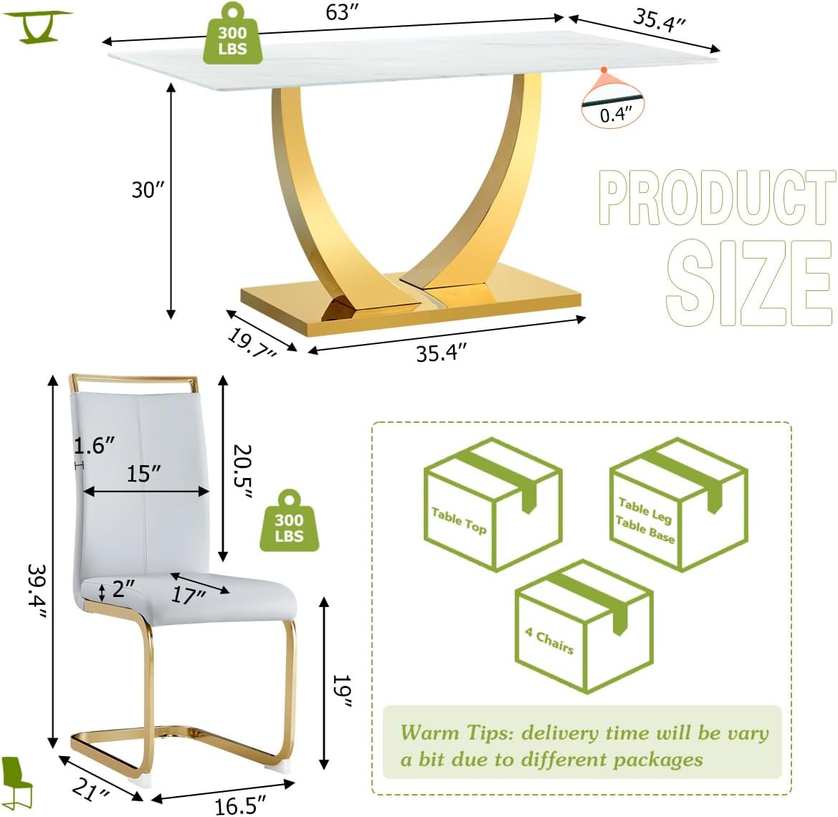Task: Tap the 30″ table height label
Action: tap(148, 190)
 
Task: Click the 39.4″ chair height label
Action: tap(37, 593)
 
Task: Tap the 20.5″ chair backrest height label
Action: tap(242, 472)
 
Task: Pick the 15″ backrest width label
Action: tap(144, 474)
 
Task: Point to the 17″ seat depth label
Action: tap(189, 594)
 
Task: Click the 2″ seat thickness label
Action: tap(123, 588)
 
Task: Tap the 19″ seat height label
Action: tap(341, 691)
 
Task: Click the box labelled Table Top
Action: tap(492, 505)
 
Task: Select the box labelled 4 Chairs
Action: tap(584, 626)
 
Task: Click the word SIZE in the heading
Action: tap(748, 282)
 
